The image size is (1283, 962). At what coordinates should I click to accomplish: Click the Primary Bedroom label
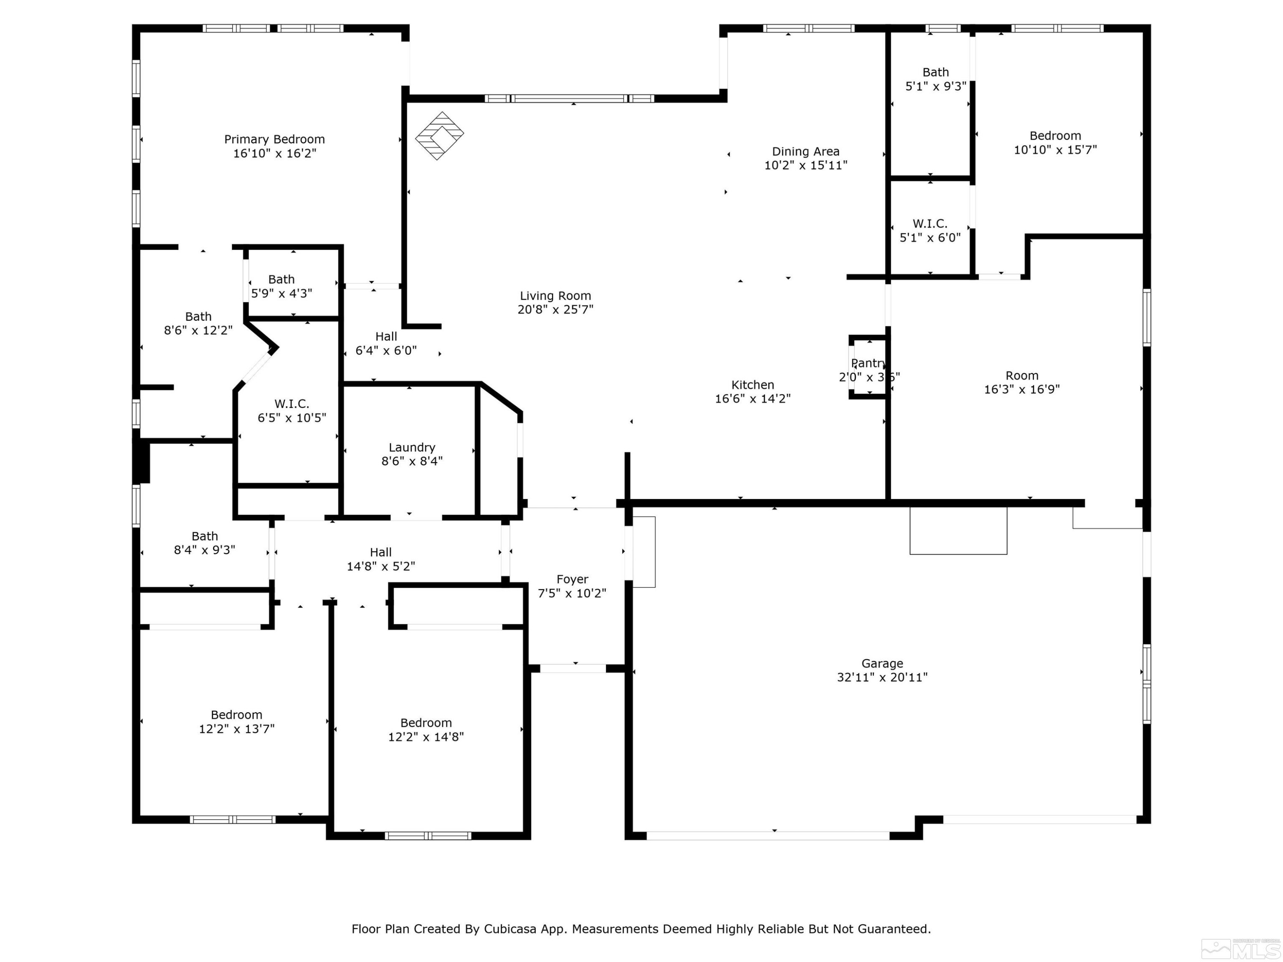click(x=275, y=139)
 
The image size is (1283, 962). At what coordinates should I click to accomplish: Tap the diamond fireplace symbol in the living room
click(x=439, y=135)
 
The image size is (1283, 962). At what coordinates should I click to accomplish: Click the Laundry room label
click(x=412, y=447)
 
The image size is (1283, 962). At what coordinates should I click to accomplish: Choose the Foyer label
click(x=572, y=579)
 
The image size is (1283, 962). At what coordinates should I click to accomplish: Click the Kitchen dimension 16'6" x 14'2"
click(x=752, y=399)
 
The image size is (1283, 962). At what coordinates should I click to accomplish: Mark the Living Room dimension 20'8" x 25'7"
click(x=555, y=310)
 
